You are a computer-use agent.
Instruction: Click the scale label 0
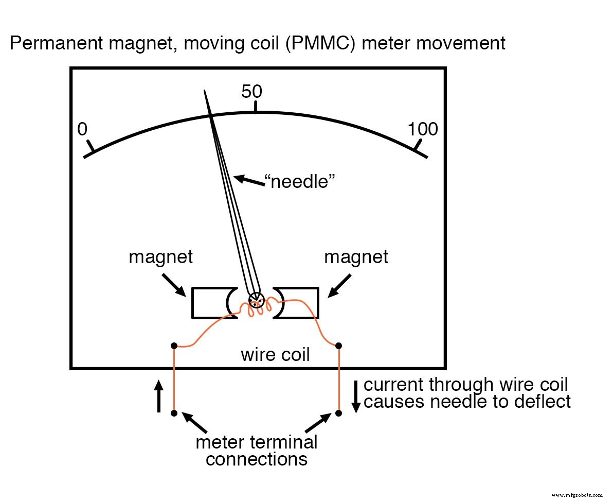click(82, 129)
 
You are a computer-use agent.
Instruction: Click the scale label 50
click(252, 92)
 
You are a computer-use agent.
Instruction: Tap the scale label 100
click(423, 129)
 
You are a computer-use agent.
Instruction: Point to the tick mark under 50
click(256, 107)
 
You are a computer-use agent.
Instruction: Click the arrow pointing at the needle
click(247, 180)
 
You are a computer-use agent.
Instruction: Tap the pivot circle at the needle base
click(256, 300)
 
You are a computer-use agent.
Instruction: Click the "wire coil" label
click(275, 355)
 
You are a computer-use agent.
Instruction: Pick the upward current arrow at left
click(159, 396)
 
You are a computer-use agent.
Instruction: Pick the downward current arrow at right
click(355, 396)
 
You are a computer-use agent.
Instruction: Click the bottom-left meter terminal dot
click(174, 413)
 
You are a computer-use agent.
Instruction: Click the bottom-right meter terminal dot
click(339, 413)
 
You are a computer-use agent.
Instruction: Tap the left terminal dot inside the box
click(174, 345)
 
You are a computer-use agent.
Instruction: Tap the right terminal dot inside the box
click(339, 345)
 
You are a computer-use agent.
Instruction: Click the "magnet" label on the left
click(160, 257)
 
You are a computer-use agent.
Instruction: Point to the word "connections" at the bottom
click(257, 458)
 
